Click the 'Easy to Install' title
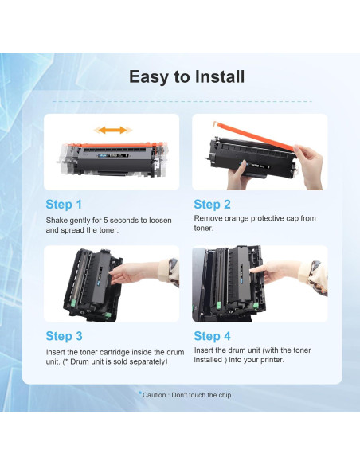pos(187,76)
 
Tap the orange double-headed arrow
pos(113,130)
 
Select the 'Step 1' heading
pos(64,205)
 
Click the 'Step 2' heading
pos(212,205)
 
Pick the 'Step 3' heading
pos(64,336)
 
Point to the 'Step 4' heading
pos(212,336)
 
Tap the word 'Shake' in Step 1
pos(57,221)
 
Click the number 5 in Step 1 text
pos(106,221)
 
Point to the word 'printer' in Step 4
pos(272,360)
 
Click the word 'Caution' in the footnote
pos(155,395)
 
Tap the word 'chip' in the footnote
pos(225,395)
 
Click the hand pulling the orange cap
pos(309,166)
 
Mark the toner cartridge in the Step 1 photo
pos(112,159)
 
